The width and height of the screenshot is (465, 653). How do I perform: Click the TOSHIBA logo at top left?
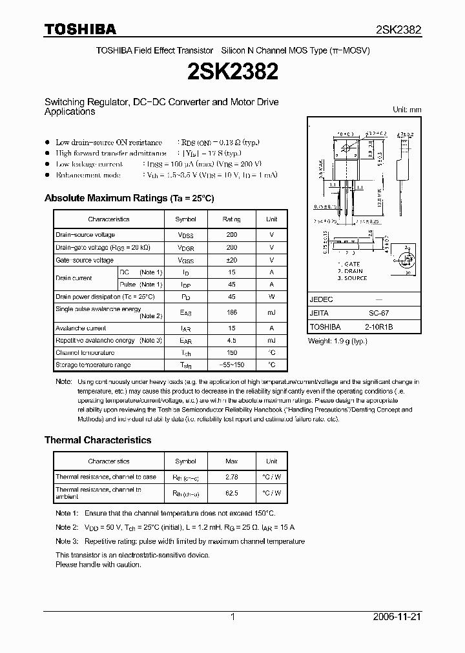tap(80, 29)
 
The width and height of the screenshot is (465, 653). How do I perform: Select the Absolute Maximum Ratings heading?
tap(129, 198)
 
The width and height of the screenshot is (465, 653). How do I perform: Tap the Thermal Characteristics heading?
tap(98, 440)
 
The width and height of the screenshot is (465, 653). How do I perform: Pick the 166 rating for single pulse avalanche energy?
tap(231, 312)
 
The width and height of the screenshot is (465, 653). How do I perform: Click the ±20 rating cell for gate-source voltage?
tap(231, 260)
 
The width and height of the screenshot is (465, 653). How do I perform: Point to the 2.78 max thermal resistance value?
tap(231, 477)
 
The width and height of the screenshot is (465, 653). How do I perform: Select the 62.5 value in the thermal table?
tap(231, 493)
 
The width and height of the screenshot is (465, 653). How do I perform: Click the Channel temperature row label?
tap(85, 353)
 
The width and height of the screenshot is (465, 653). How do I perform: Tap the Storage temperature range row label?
tap(93, 365)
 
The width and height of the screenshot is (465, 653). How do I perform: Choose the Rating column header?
tap(231, 219)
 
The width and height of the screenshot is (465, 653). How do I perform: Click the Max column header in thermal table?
tap(231, 461)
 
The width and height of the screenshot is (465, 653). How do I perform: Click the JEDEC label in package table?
tap(321, 300)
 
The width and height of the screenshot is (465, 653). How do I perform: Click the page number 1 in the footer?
tap(232, 617)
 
